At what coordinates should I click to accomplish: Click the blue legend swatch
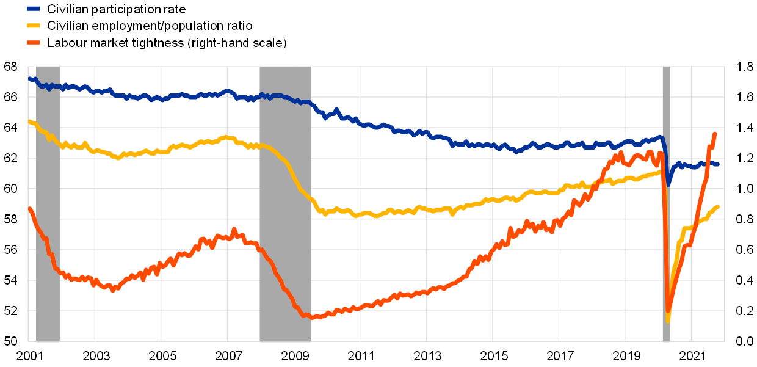point(34,9)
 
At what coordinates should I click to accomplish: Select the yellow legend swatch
point(34,26)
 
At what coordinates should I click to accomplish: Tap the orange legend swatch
point(34,42)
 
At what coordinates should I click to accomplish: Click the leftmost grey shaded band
point(48,204)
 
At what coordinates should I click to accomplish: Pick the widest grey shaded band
point(285,204)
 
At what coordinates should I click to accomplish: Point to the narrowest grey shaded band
point(666,204)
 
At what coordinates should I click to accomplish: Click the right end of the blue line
point(718,164)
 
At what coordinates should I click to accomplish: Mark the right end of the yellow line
point(718,206)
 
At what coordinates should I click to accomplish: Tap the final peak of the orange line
point(715,133)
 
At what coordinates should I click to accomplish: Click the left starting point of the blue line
point(29,79)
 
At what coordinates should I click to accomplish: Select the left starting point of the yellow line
point(29,121)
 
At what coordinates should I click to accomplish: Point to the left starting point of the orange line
point(29,209)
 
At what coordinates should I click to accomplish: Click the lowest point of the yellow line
point(668,321)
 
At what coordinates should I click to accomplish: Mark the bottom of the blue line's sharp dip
point(668,184)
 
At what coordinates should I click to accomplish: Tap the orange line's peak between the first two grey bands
point(233,230)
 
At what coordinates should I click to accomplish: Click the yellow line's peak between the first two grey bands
point(226,137)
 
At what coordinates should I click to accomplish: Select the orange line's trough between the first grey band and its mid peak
point(112,290)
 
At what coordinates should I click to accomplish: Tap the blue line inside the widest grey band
point(285,97)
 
